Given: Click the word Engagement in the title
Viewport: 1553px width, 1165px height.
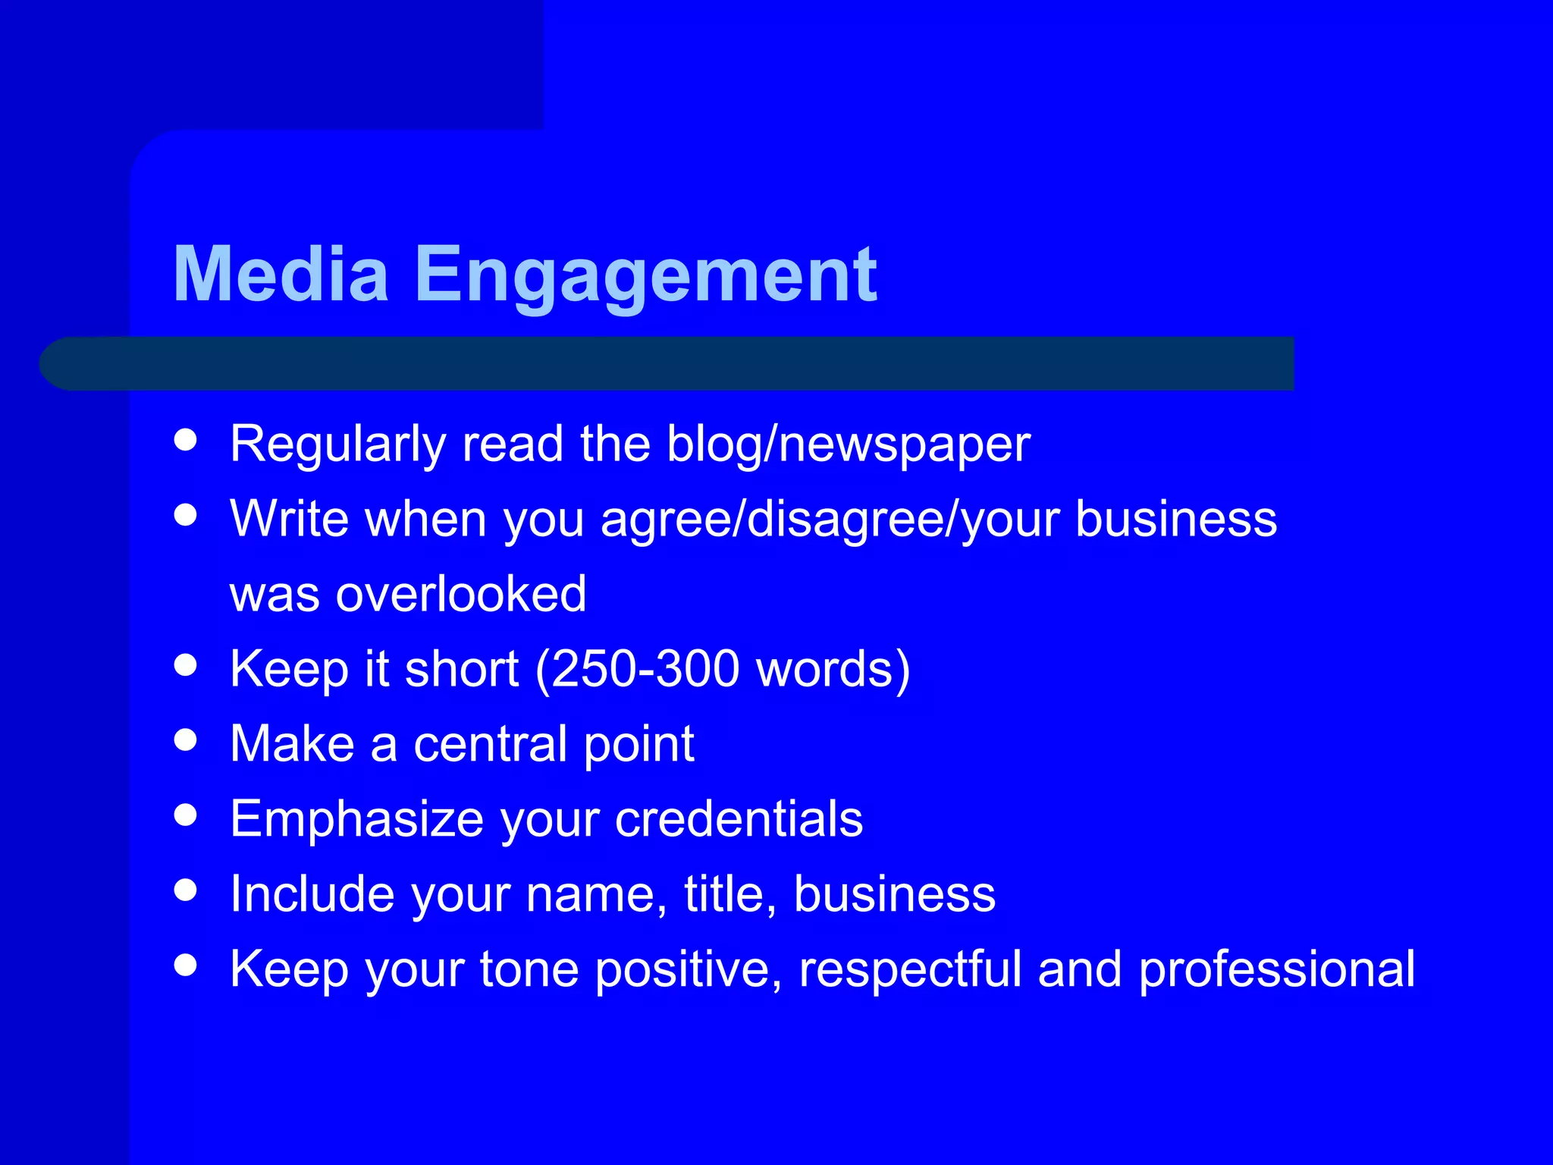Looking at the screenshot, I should [645, 276].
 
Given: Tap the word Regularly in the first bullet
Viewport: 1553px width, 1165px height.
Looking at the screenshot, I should [337, 445].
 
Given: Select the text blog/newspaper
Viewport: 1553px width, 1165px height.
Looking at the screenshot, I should [848, 445].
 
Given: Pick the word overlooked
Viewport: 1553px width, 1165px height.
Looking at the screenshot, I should [460, 594].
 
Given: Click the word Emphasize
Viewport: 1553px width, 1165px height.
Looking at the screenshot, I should [357, 820].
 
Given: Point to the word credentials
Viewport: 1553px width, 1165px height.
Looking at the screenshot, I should [739, 819].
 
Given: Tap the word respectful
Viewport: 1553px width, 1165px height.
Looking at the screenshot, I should [910, 969].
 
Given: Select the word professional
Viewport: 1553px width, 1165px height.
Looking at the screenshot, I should [1276, 969].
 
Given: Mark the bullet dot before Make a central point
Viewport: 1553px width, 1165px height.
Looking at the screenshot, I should [185, 740].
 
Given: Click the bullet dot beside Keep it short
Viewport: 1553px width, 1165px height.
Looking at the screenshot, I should [185, 665].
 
